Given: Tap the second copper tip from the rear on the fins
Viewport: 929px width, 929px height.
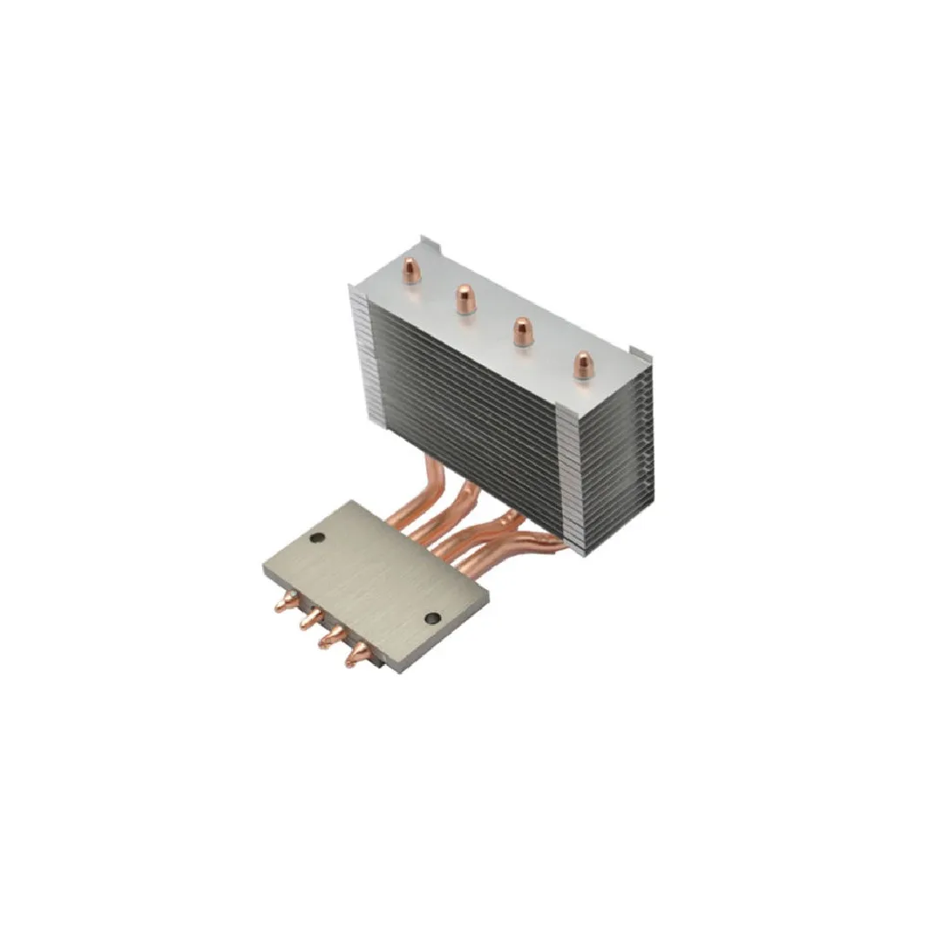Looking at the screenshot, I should pos(463,299).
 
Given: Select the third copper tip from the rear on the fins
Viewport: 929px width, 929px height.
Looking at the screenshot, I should pos(521,331).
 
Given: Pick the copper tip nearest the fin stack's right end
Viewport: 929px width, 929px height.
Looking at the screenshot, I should pos(581,364).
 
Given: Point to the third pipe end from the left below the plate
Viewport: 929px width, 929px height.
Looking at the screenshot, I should pos(329,638).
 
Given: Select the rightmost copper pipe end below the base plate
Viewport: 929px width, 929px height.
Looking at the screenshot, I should pos(355,656).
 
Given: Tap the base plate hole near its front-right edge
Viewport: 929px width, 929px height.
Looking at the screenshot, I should pos(431,619).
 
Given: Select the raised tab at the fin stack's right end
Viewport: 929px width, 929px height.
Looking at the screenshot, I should pos(641,353).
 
